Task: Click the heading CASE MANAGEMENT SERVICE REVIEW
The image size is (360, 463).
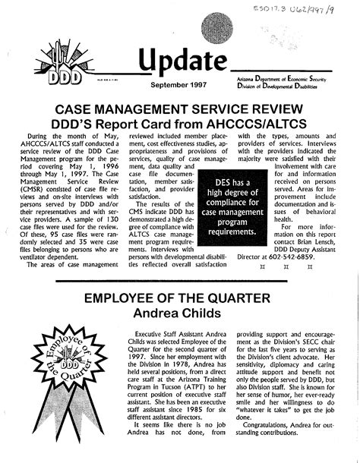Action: point(180,110)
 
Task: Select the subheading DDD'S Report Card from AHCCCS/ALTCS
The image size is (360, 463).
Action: point(180,125)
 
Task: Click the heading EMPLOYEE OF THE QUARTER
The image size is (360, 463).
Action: point(180,297)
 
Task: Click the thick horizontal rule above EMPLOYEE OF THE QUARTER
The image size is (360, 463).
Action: point(180,280)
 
